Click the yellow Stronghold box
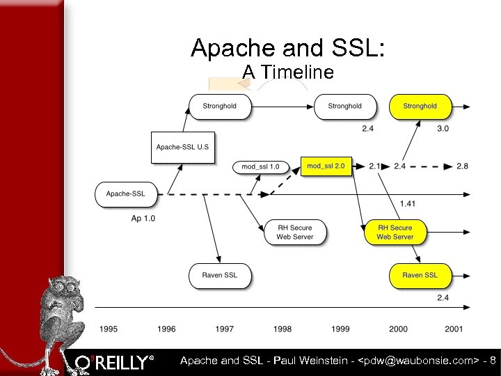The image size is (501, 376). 420,107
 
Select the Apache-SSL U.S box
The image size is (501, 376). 182,147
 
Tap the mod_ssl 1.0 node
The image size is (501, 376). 260,166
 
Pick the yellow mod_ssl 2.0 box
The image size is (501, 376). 326,166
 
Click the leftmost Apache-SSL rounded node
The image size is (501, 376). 125,194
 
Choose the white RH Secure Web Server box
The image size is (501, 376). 295,232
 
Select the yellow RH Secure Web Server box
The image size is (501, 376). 395,232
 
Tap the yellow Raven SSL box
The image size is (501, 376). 420,275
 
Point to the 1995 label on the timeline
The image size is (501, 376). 108,329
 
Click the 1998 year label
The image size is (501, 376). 282,329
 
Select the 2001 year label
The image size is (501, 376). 454,329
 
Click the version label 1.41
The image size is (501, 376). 408,203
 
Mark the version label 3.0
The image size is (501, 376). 443,129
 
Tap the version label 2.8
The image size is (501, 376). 463,166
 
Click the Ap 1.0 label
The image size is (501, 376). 143,219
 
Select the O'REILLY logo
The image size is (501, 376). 115,362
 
